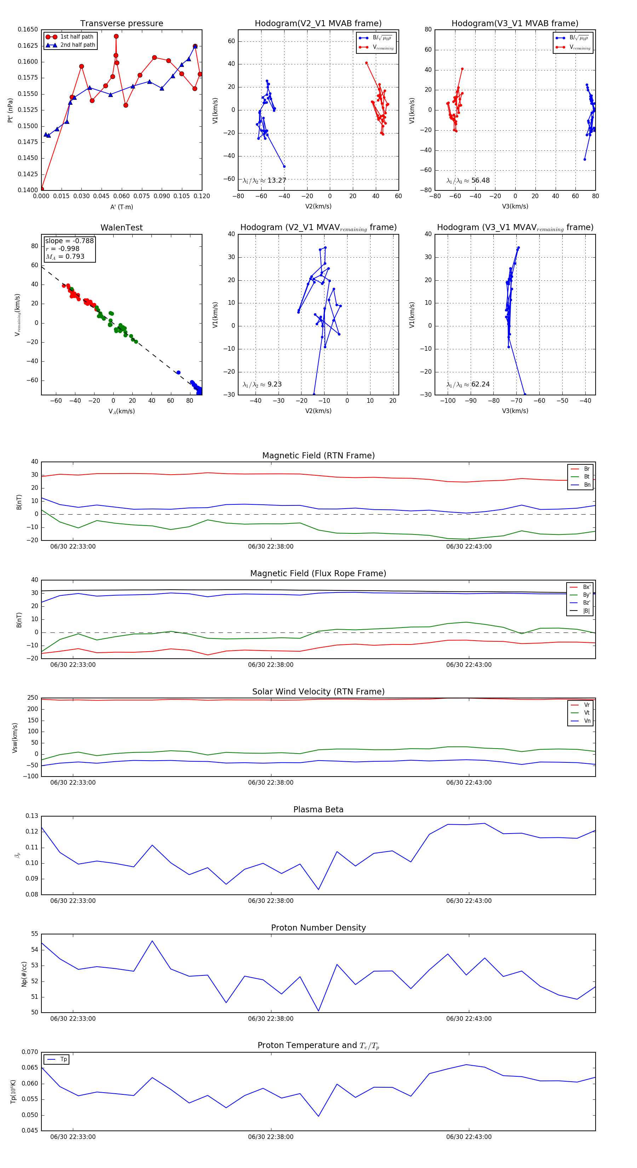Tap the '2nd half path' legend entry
(78, 45)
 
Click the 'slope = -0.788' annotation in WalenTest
(69, 241)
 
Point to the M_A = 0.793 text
(65, 257)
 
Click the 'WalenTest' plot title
(121, 228)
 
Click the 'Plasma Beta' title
(318, 809)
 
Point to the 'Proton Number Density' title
(318, 928)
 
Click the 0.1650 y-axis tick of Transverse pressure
(28, 29)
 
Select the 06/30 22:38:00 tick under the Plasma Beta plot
(271, 901)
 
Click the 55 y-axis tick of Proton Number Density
(34, 934)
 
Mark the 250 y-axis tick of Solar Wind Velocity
(33, 698)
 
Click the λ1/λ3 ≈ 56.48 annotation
(468, 181)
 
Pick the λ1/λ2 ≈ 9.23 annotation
(262, 384)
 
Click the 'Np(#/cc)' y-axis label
(24, 973)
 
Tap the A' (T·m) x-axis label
(121, 207)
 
